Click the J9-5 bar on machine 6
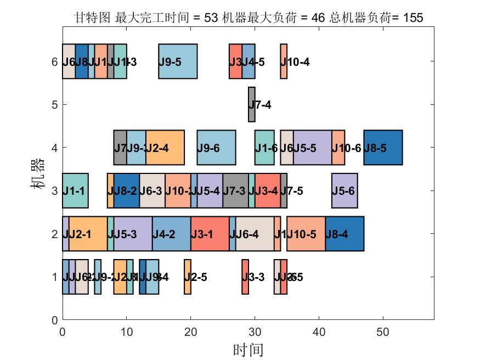coord(178,61)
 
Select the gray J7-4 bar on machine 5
coord(252,104)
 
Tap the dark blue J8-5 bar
coord(383,147)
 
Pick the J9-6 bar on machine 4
coord(216,147)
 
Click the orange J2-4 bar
coord(165,147)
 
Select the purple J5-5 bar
coord(313,147)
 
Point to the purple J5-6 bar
coord(345,190)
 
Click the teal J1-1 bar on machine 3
coord(75,190)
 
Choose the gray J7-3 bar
coord(235,190)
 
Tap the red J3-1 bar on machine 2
coord(210,234)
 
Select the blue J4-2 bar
coord(171,234)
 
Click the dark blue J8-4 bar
coord(345,234)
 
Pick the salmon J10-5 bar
coord(306,234)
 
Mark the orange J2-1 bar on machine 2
coord(88,234)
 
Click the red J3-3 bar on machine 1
coord(245,277)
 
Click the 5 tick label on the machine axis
coord(54,104)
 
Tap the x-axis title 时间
coord(248,350)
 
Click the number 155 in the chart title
coord(413,18)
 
